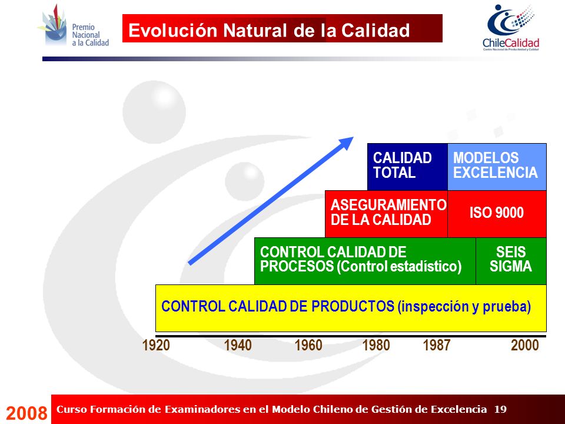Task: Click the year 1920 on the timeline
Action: click(x=155, y=345)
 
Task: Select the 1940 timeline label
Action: click(x=237, y=345)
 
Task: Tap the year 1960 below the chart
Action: click(x=308, y=345)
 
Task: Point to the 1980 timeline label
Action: click(x=376, y=345)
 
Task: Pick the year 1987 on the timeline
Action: click(x=436, y=345)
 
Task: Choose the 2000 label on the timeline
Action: click(x=524, y=345)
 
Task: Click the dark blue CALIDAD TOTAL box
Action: click(x=407, y=167)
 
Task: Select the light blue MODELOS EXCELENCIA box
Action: click(x=497, y=167)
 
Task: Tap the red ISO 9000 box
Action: click(x=497, y=214)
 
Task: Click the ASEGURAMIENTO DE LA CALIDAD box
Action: click(x=386, y=214)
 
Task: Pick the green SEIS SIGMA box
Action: click(x=511, y=261)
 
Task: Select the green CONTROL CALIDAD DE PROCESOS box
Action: click(x=365, y=261)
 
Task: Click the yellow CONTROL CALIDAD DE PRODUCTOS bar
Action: click(x=351, y=308)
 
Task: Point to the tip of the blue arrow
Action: click(x=354, y=137)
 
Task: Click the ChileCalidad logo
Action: click(x=511, y=28)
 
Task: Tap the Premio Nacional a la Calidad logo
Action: click(x=74, y=26)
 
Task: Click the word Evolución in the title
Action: click(x=172, y=30)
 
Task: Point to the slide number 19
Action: click(x=500, y=409)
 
